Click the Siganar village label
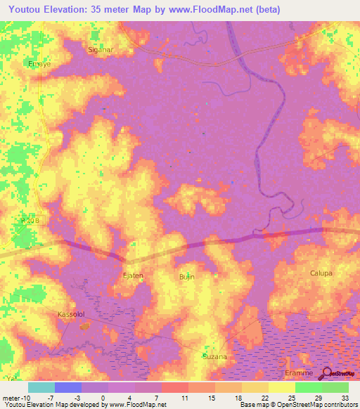point(99,50)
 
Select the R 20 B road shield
point(27,220)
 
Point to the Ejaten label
point(133,275)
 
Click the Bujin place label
point(186,278)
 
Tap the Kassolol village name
point(70,314)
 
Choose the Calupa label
point(321,273)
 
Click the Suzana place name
point(214,356)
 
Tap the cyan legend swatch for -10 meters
point(41,387)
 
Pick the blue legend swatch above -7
point(68,387)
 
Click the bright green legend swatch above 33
point(335,387)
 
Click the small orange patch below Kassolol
point(85,326)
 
